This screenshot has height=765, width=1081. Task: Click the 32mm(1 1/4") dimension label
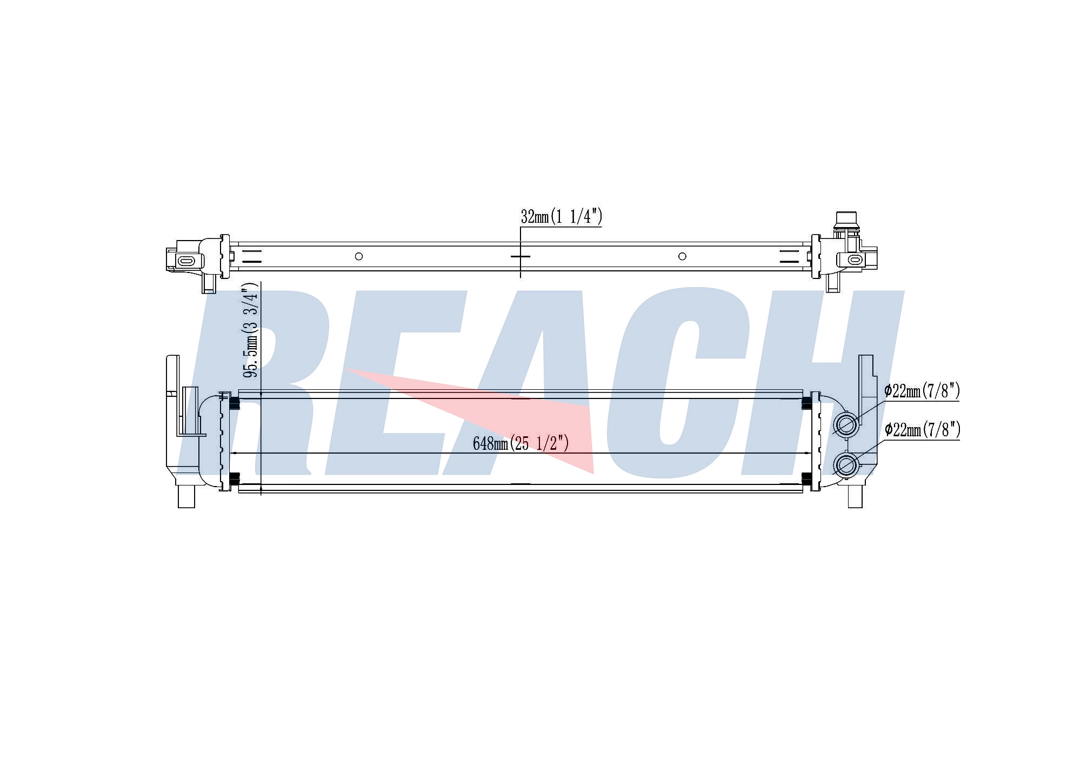point(562,217)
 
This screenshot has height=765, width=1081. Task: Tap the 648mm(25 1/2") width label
point(521,443)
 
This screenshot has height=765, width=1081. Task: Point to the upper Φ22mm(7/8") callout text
point(922,390)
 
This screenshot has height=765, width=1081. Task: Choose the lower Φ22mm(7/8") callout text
point(922,430)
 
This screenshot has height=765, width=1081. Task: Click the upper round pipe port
point(846,424)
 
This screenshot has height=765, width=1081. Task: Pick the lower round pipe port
point(846,464)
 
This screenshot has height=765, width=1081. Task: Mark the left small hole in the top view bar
point(359,256)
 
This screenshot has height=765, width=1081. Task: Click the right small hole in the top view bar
point(682,256)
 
